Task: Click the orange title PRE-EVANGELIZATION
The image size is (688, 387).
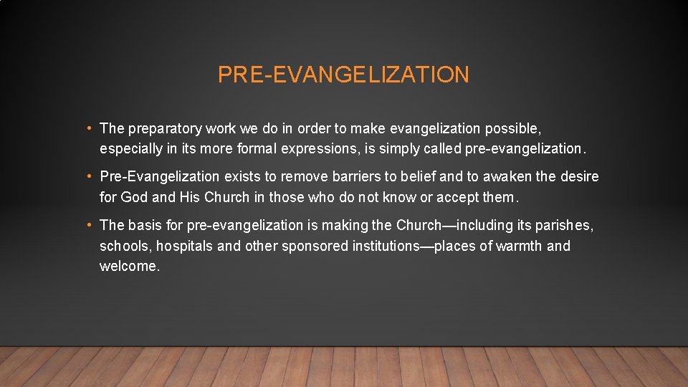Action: tap(343, 75)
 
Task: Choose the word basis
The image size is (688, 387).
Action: tap(145, 225)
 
